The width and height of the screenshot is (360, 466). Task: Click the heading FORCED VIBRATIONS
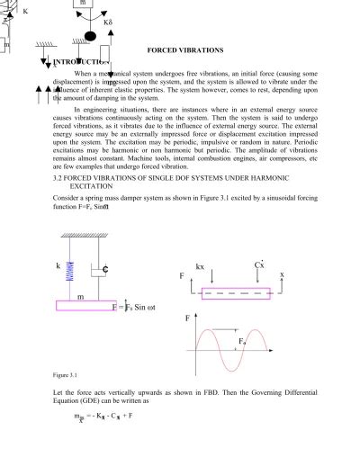pos(184,49)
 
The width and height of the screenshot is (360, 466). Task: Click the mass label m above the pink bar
pos(81,294)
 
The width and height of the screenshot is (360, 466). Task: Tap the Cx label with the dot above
pos(258,264)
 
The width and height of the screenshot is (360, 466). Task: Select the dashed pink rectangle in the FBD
pos(236,293)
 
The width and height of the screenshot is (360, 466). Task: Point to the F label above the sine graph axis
pos(187,318)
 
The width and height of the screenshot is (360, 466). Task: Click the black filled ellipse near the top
pos(89,37)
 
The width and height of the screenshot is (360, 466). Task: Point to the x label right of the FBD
pos(282,274)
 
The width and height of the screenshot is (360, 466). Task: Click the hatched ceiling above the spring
pos(84,237)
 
